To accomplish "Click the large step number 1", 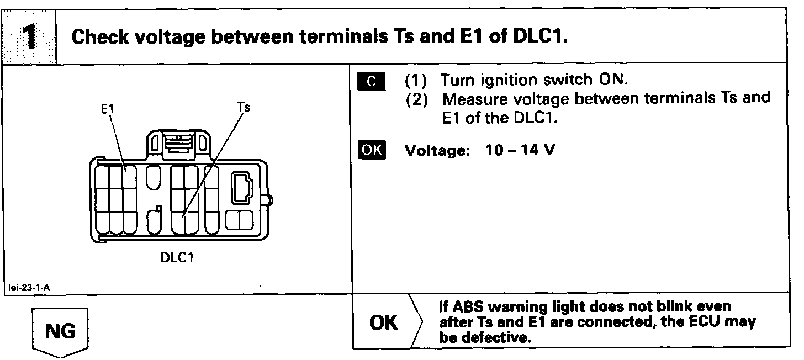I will [x=28, y=36].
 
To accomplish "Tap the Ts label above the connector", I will [x=243, y=107].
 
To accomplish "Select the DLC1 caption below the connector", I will [x=177, y=257].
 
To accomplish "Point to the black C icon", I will [x=371, y=81].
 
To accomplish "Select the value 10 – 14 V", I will [x=520, y=150].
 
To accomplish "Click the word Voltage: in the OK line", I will [x=436, y=151].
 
